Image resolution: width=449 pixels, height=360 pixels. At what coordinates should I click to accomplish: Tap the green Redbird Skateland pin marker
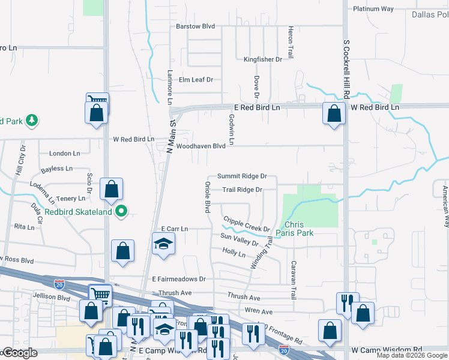click(122, 211)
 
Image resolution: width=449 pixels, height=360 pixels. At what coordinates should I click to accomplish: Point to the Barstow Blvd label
click(195, 27)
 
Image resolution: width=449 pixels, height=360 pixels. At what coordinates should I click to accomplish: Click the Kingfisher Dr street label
click(263, 59)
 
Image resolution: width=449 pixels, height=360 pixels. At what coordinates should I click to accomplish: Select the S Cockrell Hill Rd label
click(346, 69)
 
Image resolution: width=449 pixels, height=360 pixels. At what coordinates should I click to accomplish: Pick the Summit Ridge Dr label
click(241, 176)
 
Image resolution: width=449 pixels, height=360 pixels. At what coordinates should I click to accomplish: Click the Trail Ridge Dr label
click(243, 190)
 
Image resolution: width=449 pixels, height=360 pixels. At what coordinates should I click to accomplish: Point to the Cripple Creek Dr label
click(246, 224)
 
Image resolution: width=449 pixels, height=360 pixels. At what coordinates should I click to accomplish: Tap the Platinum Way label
click(373, 9)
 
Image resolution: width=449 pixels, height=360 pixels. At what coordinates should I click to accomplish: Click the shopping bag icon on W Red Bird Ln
click(333, 112)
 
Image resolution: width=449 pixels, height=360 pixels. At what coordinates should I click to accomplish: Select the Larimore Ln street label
click(170, 86)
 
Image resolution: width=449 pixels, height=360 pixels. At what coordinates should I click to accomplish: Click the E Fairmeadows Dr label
click(178, 279)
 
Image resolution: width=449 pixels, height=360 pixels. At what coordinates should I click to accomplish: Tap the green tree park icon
click(31, 121)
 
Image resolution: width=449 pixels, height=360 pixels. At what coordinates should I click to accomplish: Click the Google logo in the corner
click(20, 353)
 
